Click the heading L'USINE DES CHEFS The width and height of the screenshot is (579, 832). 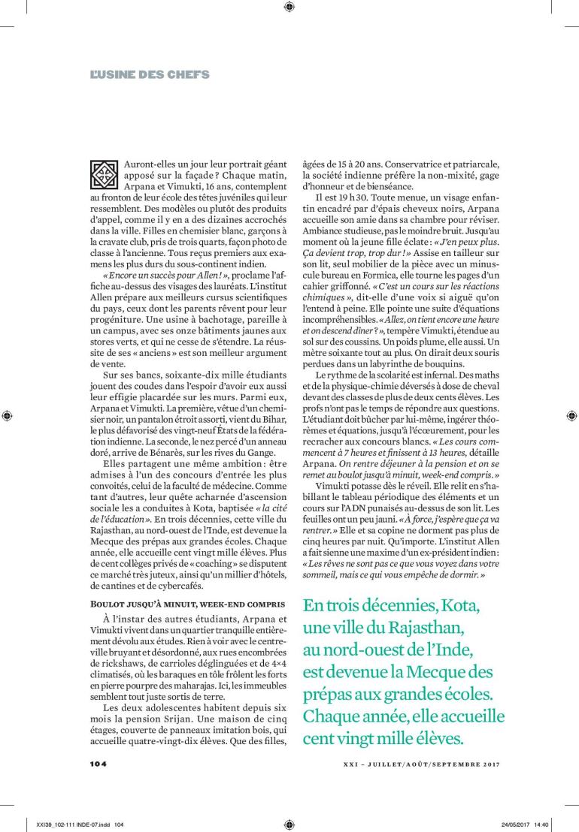pyautogui.click(x=150, y=74)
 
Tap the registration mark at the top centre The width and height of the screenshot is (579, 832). pyautogui.click(x=289, y=8)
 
